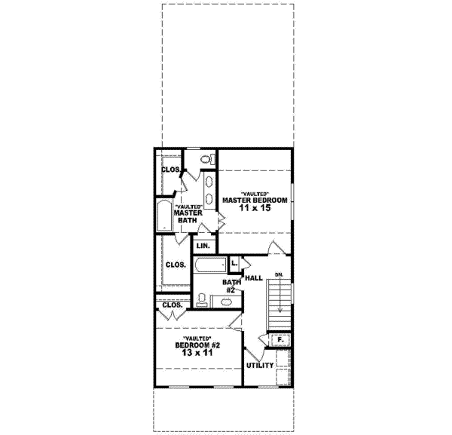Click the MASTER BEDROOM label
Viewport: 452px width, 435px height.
(x=255, y=200)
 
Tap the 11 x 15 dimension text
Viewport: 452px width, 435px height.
(x=255, y=208)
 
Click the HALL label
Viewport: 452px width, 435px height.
(x=254, y=278)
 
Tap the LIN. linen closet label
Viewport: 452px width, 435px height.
(x=203, y=246)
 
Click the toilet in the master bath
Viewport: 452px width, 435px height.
(x=206, y=160)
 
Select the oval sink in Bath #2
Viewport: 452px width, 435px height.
(x=224, y=302)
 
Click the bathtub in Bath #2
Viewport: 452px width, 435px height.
(x=211, y=266)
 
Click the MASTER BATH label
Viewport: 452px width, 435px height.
(x=188, y=216)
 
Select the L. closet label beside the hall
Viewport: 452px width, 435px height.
(x=234, y=262)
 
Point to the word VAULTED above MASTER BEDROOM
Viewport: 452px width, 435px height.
(x=255, y=193)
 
